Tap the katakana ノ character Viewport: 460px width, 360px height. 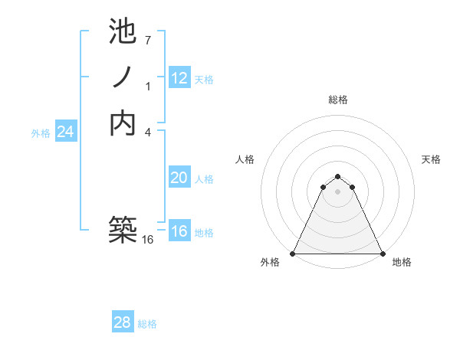(123, 77)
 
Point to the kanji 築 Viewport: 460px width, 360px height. (124, 231)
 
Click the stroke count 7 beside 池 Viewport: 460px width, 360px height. (148, 40)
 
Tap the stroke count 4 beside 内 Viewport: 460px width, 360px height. (148, 131)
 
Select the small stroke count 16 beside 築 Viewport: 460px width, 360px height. (148, 240)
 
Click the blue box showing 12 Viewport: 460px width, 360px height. (179, 77)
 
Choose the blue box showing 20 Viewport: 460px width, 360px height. (179, 178)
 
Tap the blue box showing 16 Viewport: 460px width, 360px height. (179, 231)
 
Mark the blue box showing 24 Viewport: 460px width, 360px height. (66, 132)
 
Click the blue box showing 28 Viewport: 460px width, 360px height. (123, 322)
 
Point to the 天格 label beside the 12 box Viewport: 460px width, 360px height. (204, 79)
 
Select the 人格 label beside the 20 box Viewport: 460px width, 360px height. (204, 179)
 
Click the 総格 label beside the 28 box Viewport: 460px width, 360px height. (148, 324)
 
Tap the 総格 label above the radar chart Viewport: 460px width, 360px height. (337, 100)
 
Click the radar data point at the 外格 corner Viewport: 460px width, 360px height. (293, 254)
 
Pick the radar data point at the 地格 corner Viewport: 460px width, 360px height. (382, 254)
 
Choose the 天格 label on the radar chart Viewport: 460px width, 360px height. (431, 159)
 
